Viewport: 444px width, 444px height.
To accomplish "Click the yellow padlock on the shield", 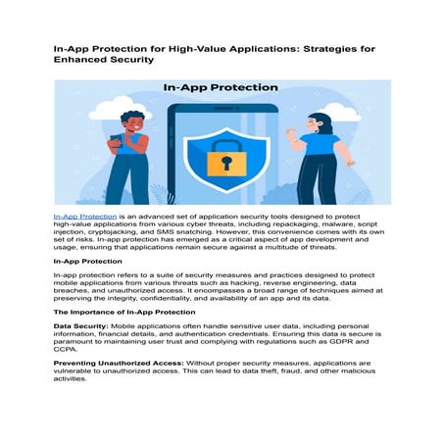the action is tap(226, 158).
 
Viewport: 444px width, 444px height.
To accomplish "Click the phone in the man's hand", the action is tap(116, 139).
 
